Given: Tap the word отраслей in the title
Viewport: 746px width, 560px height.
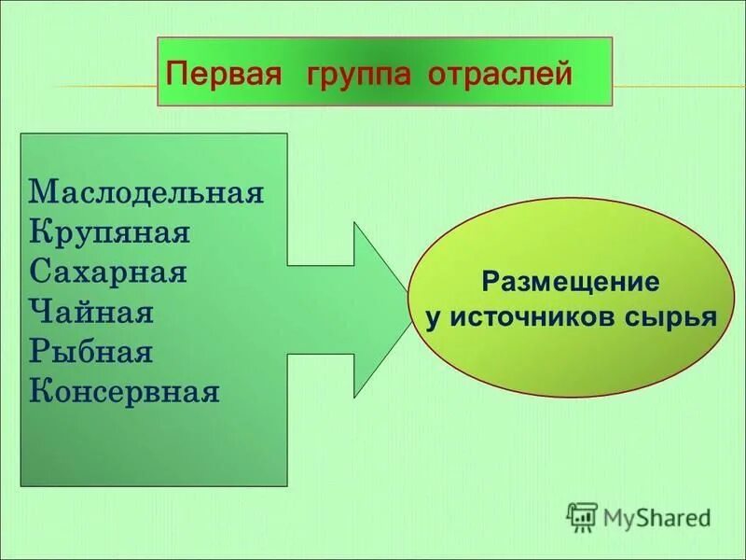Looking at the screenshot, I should (499, 75).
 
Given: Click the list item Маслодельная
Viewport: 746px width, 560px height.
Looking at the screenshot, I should (146, 192).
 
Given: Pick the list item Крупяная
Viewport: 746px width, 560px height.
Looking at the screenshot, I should (110, 231).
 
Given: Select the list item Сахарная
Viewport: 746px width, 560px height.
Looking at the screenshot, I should (108, 272).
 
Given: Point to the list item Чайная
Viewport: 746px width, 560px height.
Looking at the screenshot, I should (91, 312).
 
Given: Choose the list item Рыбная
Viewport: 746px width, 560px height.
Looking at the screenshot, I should (90, 352).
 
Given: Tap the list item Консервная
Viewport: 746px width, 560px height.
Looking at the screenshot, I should (125, 391).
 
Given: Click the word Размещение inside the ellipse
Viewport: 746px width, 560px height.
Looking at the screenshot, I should (570, 281).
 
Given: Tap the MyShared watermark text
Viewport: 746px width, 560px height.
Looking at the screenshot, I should (656, 515).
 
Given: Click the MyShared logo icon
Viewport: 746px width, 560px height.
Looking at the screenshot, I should (582, 515).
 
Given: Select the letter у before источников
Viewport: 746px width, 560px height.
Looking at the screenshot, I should (433, 318).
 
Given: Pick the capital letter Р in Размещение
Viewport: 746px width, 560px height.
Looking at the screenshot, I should (489, 281).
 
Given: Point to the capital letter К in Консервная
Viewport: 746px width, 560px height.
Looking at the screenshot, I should (39, 391).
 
